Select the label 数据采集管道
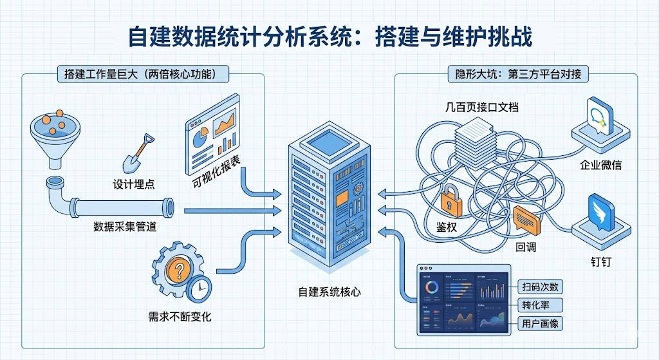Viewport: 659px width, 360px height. click(x=125, y=227)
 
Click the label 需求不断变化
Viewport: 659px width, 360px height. click(x=180, y=316)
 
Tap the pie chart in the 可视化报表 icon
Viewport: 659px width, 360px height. click(x=200, y=137)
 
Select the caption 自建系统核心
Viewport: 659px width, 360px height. click(x=329, y=291)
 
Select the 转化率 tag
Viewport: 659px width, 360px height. click(x=541, y=305)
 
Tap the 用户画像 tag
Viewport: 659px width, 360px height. click(x=541, y=323)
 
